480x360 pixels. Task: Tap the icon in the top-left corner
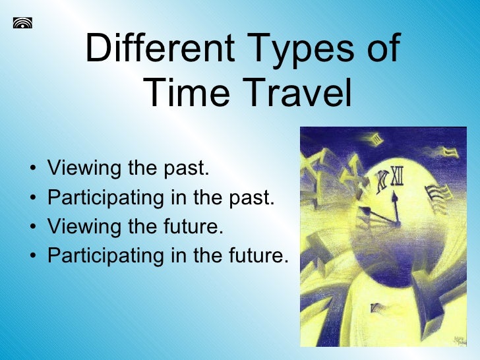click(22, 24)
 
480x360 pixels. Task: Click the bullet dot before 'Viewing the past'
click(34, 169)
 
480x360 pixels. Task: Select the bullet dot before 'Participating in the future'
click(34, 256)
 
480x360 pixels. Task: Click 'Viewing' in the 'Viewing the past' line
click(85, 169)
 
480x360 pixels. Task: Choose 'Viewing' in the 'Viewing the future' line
click(85, 227)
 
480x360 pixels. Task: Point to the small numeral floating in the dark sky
click(376, 139)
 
